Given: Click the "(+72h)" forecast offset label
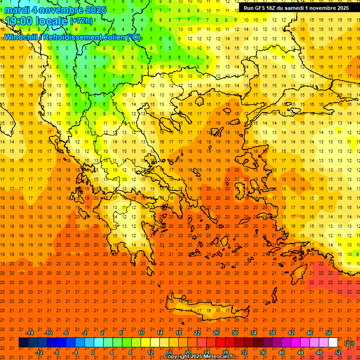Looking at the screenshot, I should pos(58,21).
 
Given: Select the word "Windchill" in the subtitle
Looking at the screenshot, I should pos(22,37).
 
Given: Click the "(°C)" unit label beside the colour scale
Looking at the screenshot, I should pos(349,343).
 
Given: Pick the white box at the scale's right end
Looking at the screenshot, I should pos(333,343).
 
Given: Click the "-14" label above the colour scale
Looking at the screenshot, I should pos(30,333).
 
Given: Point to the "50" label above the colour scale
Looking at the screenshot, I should pos(329,333).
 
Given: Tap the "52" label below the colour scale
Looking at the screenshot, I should pos(338,352).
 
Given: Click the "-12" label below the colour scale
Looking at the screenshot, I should pos(39,352).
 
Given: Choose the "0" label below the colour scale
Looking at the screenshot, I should pos(93,352).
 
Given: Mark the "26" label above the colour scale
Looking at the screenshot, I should pos(216,333).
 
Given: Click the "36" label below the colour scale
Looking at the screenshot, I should pos(263,352).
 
